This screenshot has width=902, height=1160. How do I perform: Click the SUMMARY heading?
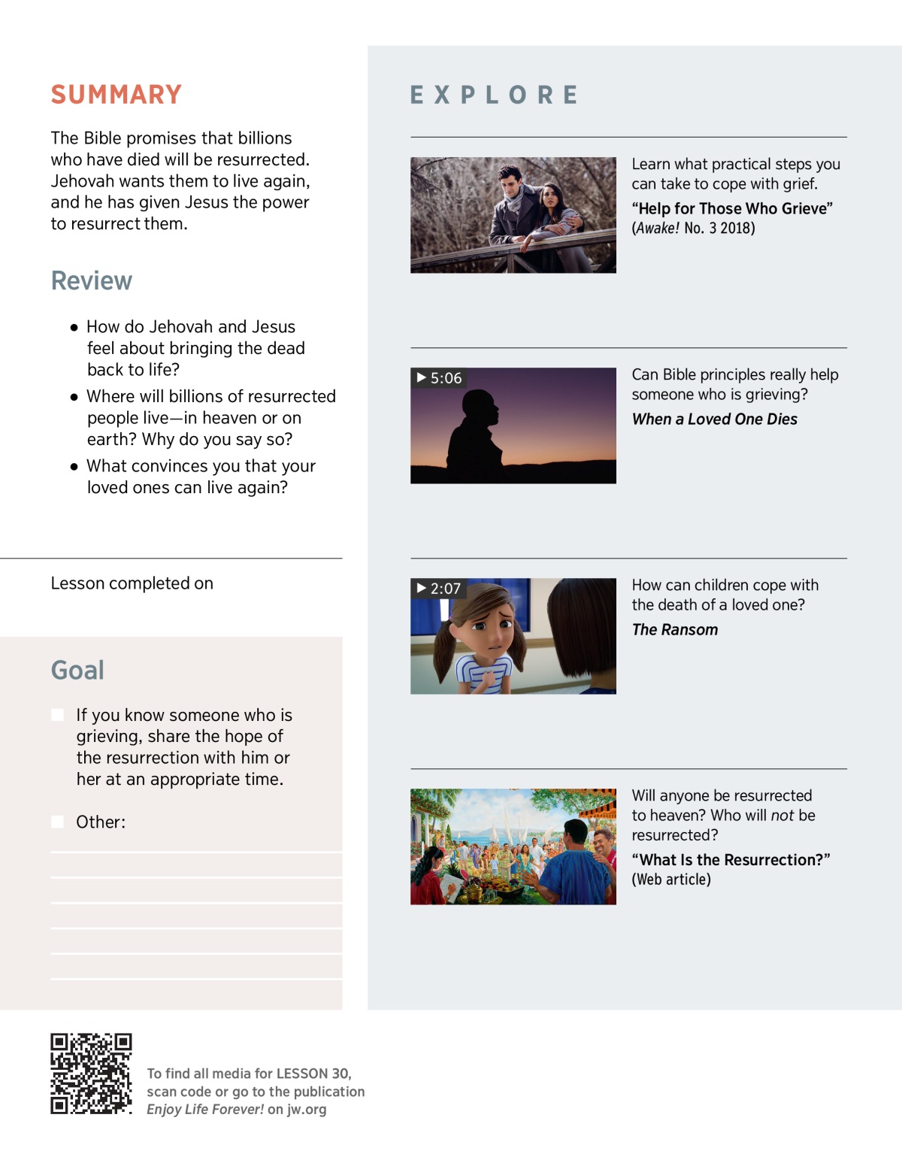pos(117,95)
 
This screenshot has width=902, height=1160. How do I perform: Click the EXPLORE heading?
pos(494,95)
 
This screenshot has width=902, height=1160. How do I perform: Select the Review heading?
pos(92,281)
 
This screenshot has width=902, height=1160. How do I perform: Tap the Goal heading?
pos(77,670)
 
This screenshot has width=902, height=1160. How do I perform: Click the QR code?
pos(91,1074)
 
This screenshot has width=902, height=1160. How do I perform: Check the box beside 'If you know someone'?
pos(58,715)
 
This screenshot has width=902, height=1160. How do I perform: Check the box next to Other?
pos(58,822)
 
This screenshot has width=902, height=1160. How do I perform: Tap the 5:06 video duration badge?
pos(440,378)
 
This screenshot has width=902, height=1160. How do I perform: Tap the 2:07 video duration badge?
pos(439,589)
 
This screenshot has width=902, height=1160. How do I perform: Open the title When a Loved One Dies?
pos(714,419)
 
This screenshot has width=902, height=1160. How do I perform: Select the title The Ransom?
pos(674,630)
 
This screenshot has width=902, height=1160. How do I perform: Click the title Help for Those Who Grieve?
pos(731,209)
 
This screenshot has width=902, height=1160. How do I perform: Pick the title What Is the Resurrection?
pos(731,860)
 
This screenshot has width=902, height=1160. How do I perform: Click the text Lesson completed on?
pos(132,583)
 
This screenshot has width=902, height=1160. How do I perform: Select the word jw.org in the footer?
pos(307,1110)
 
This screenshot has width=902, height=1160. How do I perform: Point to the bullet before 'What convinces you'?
pos(74,467)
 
